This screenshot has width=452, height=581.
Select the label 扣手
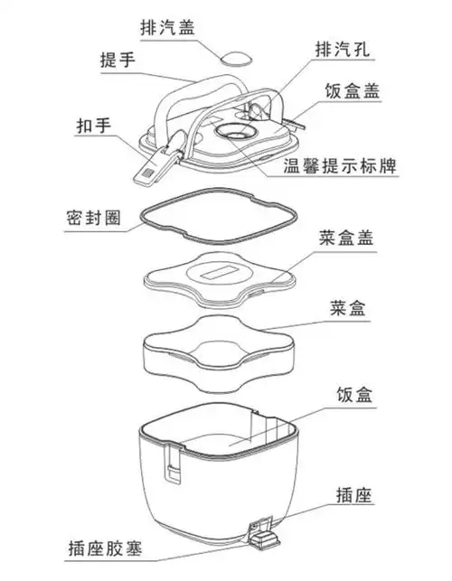(94, 127)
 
